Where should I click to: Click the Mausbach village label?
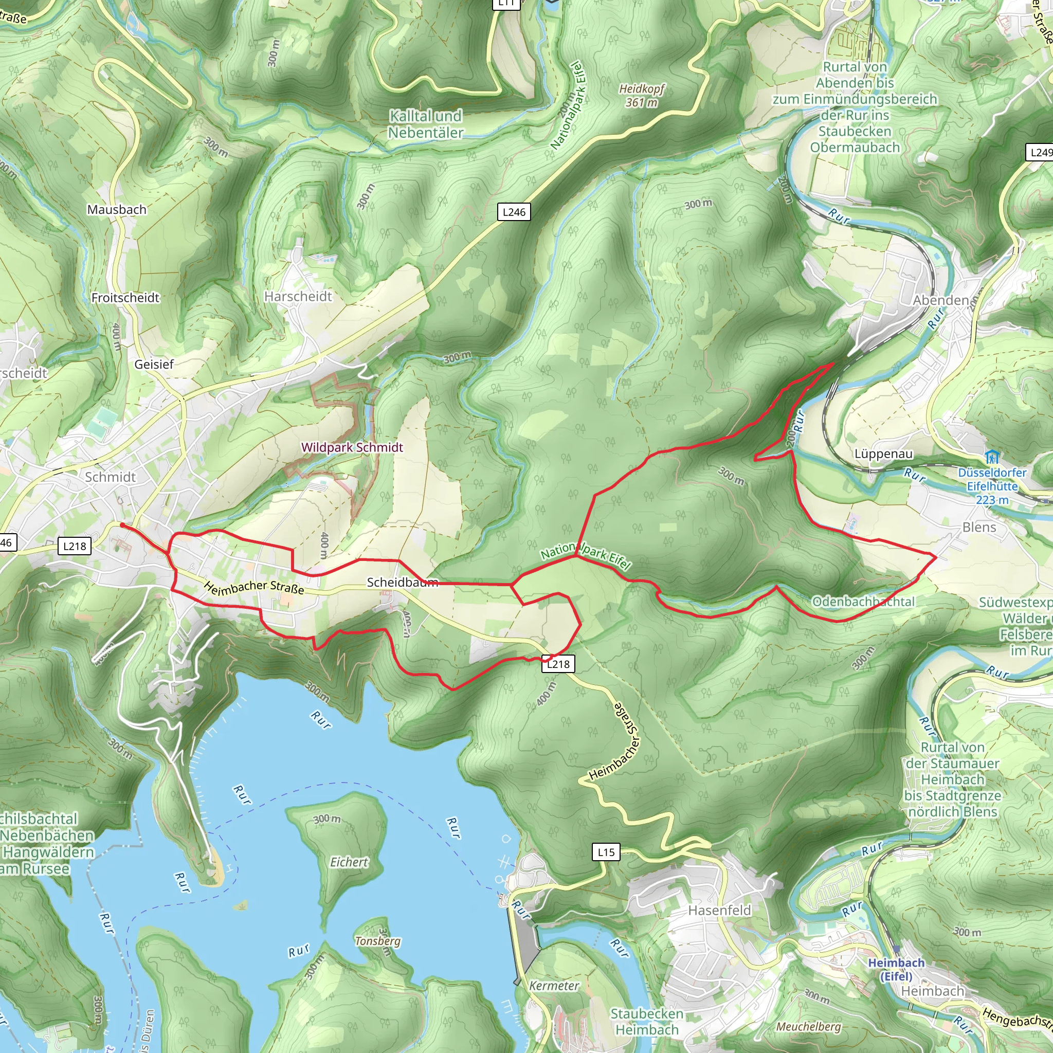(x=117, y=209)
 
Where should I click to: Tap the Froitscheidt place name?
(x=125, y=298)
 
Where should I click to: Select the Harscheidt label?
(x=298, y=296)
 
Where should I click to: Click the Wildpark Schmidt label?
(x=352, y=447)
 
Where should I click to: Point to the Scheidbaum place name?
(x=402, y=582)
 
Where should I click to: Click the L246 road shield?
(x=514, y=212)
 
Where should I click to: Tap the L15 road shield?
(x=606, y=852)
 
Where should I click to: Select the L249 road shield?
(x=1040, y=153)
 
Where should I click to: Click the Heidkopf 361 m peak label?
(x=642, y=96)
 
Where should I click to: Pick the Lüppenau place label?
(x=883, y=453)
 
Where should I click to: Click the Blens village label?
(x=979, y=527)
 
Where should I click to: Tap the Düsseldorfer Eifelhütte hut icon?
(x=992, y=457)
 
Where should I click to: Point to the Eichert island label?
(x=349, y=862)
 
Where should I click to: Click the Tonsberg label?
(x=378, y=941)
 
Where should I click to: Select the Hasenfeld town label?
(x=719, y=910)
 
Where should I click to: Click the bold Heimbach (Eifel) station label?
(x=896, y=969)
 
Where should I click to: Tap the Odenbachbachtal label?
(x=863, y=601)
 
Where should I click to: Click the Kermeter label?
(x=554, y=986)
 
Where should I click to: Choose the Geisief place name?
(x=154, y=364)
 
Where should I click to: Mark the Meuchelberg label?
(x=809, y=1026)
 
